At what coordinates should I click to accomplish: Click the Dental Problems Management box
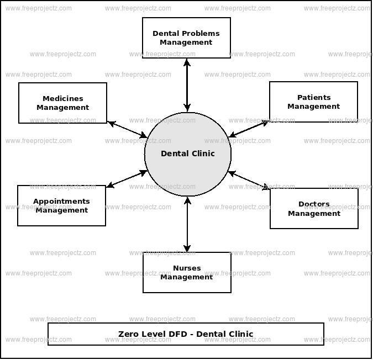coord(186,38)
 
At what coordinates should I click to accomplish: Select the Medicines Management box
coord(62,103)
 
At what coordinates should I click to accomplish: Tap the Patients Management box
coord(313,102)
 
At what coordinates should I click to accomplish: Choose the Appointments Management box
coord(61,205)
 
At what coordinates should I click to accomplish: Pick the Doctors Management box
coord(314,209)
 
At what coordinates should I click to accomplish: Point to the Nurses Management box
coord(187,272)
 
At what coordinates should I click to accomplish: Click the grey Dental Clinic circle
coord(188,154)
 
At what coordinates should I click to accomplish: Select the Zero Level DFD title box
coord(186,334)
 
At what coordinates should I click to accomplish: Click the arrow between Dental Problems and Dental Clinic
coord(187,85)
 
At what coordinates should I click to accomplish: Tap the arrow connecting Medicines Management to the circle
coord(127,129)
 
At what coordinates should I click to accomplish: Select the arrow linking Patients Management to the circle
coord(249,129)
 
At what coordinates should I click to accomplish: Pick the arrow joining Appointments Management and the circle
coord(127,179)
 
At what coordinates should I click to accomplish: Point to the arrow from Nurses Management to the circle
coord(187,224)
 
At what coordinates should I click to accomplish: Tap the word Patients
coord(313,98)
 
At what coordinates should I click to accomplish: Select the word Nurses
coord(187,268)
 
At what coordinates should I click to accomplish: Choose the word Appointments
coord(61,202)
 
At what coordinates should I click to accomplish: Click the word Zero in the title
coord(127,334)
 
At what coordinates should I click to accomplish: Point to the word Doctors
coord(314,205)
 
